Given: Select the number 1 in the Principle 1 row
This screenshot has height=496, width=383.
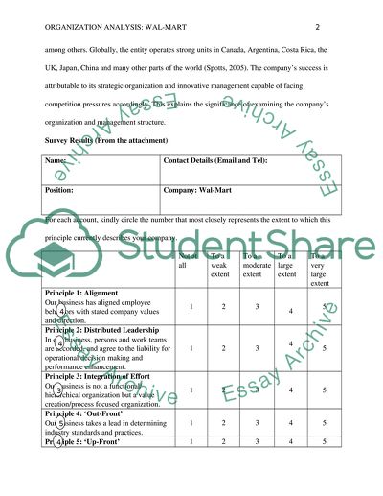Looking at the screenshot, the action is pyautogui.click(x=192, y=307).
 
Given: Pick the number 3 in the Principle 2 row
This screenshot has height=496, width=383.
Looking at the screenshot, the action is pyautogui.click(x=256, y=348).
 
